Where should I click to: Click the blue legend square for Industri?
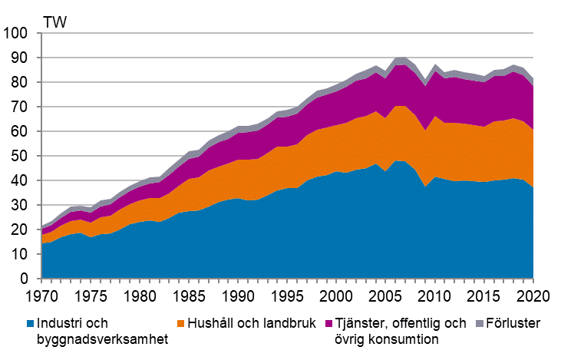(31, 322)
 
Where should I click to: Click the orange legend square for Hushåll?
(180, 322)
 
